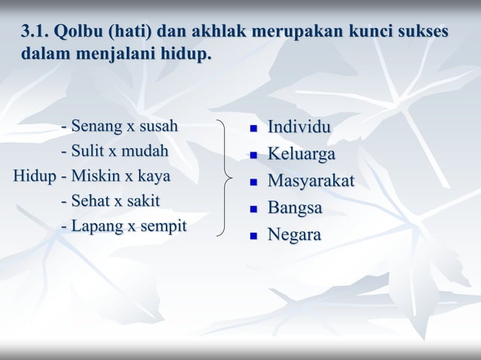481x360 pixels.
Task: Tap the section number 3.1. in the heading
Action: [x=35, y=32]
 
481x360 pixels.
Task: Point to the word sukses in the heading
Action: [x=418, y=32]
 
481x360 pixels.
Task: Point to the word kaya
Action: [x=154, y=177]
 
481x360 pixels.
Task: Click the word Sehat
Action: [x=92, y=202]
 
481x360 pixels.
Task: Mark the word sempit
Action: [x=161, y=227]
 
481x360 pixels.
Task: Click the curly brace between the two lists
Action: [x=225, y=177]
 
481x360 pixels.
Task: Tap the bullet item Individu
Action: [x=299, y=127]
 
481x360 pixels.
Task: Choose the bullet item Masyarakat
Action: [x=311, y=182]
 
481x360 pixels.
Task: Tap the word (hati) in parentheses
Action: [x=130, y=32]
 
